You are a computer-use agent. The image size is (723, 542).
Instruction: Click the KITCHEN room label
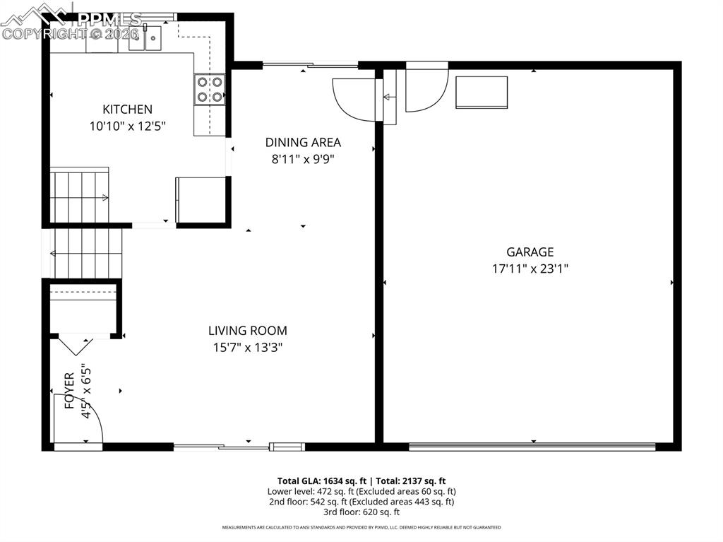pyautogui.click(x=127, y=109)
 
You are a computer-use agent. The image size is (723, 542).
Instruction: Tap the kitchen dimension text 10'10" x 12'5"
pyautogui.click(x=127, y=126)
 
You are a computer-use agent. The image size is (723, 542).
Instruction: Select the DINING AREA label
pyautogui.click(x=303, y=142)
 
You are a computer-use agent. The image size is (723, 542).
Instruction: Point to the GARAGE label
pyautogui.click(x=530, y=252)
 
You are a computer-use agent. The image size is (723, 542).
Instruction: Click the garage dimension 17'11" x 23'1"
pyautogui.click(x=530, y=269)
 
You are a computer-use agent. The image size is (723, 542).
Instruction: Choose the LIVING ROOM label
pyautogui.click(x=247, y=330)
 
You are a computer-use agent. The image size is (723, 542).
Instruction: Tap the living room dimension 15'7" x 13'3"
pyautogui.click(x=247, y=347)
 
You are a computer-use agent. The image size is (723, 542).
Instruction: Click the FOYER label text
pyautogui.click(x=69, y=391)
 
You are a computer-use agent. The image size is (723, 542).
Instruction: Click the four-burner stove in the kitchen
pyautogui.click(x=210, y=90)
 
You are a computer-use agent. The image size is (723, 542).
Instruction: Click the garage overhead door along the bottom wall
pyautogui.click(x=532, y=446)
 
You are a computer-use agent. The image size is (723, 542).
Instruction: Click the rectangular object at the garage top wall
pyautogui.click(x=482, y=92)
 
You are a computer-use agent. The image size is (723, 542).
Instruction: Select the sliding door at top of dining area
pyautogui.click(x=310, y=66)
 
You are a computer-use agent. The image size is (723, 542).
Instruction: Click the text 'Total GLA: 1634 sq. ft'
pyautogui.click(x=321, y=481)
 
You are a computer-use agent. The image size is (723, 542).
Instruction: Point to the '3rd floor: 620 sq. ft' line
pyautogui.click(x=361, y=512)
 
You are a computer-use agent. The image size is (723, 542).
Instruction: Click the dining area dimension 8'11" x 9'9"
pyautogui.click(x=303, y=159)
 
